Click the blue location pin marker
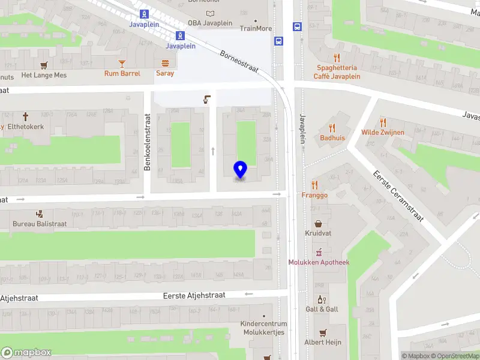pyautogui.click(x=240, y=170)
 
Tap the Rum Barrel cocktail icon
pyautogui.click(x=122, y=63)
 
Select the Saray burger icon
pyautogui.click(x=165, y=63)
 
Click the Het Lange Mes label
pyautogui.click(x=44, y=75)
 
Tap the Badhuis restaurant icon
pyautogui.click(x=332, y=128)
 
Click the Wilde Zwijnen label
pyautogui.click(x=382, y=132)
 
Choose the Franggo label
pyautogui.click(x=314, y=195)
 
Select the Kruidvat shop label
pyautogui.click(x=318, y=233)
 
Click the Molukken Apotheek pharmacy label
pyautogui.click(x=319, y=262)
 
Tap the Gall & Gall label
pyautogui.click(x=322, y=309)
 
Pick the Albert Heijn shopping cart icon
pyautogui.click(x=323, y=332)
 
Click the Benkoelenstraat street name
pyautogui.click(x=147, y=143)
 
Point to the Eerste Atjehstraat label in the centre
pyautogui.click(x=194, y=295)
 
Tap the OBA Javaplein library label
pyautogui.click(x=209, y=23)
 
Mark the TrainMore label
pyautogui.click(x=256, y=28)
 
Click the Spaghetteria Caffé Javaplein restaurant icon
pyautogui.click(x=337, y=58)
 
